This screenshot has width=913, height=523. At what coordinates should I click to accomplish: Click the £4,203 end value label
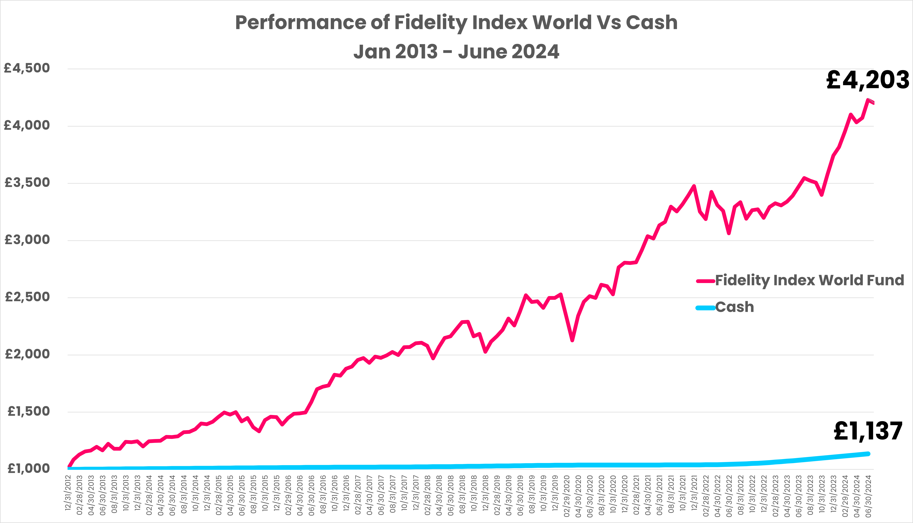tap(868, 80)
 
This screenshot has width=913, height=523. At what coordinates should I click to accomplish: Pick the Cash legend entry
tap(734, 307)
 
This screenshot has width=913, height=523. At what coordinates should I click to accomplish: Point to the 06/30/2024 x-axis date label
tap(869, 496)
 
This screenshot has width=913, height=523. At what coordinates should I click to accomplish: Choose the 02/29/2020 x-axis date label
tap(567, 496)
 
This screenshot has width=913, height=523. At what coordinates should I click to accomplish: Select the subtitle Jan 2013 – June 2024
tap(456, 52)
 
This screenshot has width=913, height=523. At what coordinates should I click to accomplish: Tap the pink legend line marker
tap(705, 281)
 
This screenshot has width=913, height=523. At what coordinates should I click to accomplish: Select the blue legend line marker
tap(705, 308)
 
